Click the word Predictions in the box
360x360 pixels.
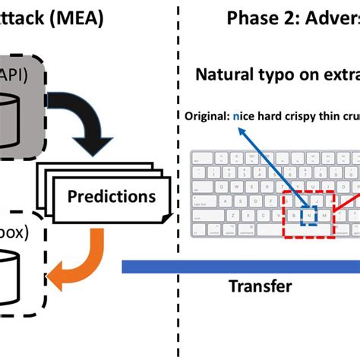point(111,197)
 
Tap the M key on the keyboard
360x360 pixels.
point(324,216)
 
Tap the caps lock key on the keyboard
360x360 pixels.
point(203,201)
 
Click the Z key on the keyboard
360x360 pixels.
point(230,216)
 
